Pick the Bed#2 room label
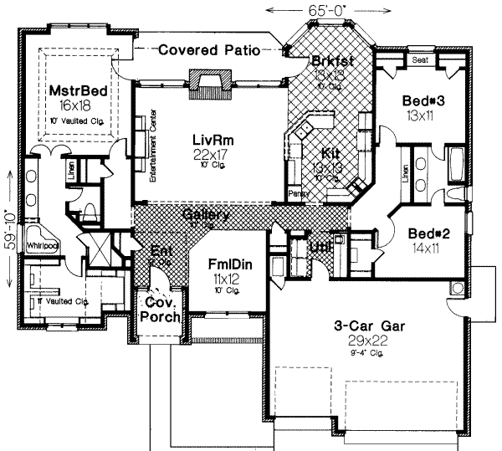click(x=429, y=234)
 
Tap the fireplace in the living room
click(x=207, y=85)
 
